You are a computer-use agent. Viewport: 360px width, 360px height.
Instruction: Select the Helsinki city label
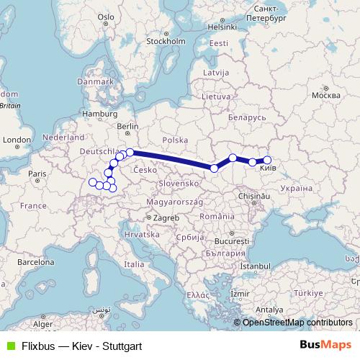coord(222,27)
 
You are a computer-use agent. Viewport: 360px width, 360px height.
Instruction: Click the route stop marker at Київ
coord(267,160)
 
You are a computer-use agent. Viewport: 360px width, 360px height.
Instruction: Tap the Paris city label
coord(37,174)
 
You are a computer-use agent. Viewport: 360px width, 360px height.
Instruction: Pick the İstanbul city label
coord(255,266)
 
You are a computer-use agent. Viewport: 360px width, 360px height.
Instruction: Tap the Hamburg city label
coord(99,114)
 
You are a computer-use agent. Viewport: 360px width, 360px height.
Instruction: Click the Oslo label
coord(106,16)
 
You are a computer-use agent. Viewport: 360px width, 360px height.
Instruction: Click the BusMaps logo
coord(325,346)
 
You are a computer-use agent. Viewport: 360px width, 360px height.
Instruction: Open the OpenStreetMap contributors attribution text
coord(297,323)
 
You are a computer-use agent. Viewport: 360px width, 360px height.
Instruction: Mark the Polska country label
coord(175,140)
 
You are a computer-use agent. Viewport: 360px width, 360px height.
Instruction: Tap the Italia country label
coord(134,264)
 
